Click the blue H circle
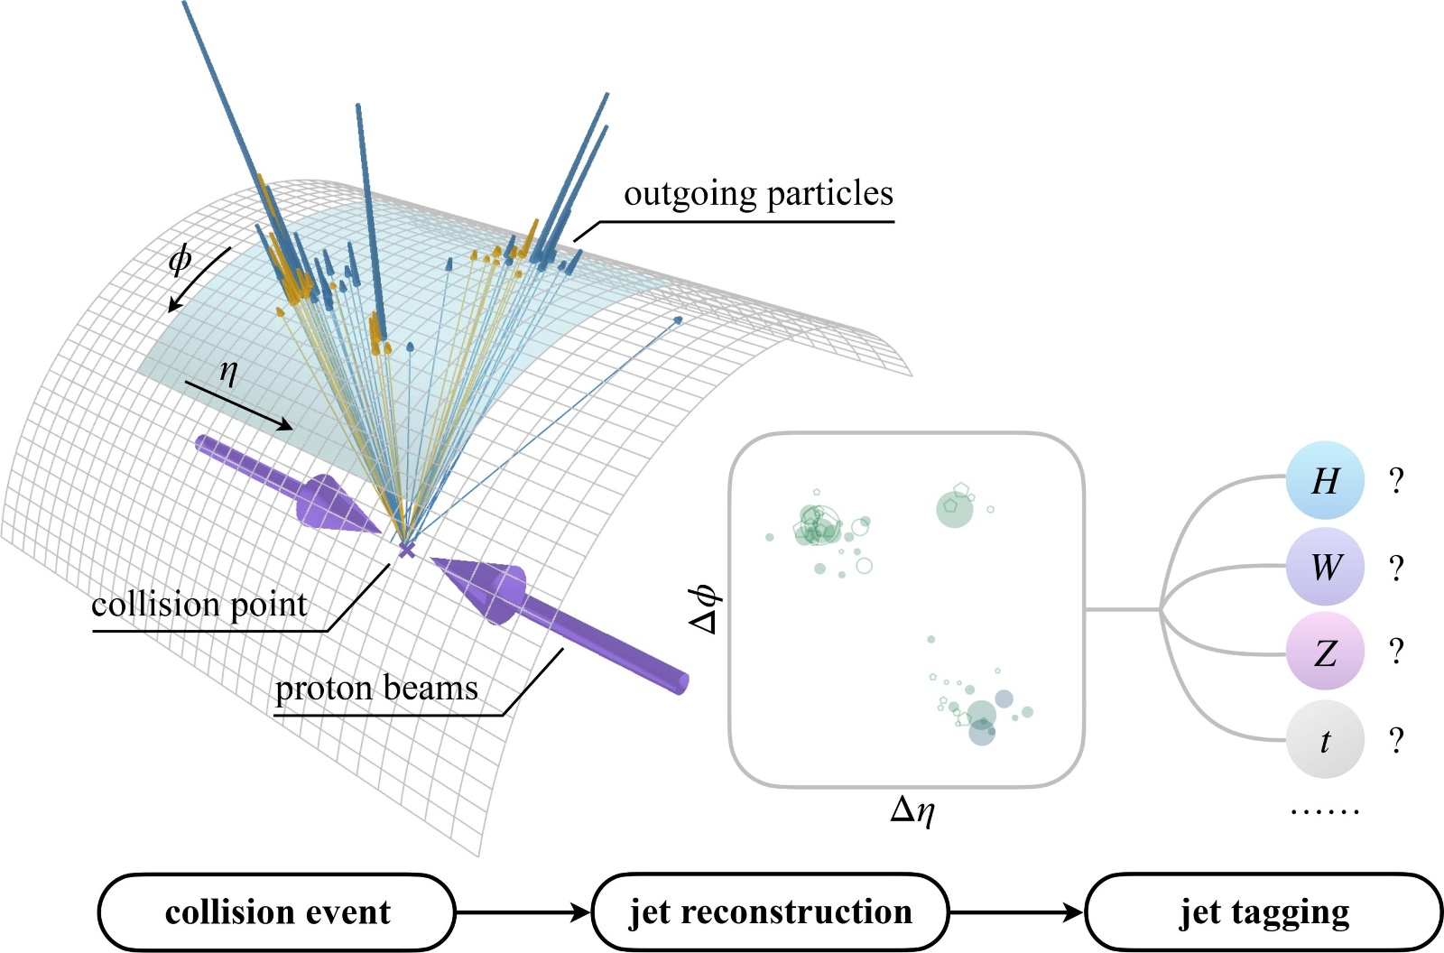pos(1324,480)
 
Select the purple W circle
pos(1324,567)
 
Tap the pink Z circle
pos(1324,652)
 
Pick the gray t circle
pos(1324,739)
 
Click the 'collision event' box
pos(276,911)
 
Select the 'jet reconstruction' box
pos(771,911)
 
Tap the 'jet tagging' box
pos(1263,911)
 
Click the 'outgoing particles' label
pos(758,193)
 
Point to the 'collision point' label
pos(199,604)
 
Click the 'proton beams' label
pos(376,688)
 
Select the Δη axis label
pos(912,810)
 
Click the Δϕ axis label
pos(703,608)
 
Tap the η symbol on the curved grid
pos(228,370)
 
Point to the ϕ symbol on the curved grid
pos(180,259)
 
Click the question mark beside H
pos(1396,481)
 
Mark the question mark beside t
pos(1396,740)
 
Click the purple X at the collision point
pos(407,549)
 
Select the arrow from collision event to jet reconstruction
pos(523,912)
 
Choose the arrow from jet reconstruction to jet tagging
pos(1016,912)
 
